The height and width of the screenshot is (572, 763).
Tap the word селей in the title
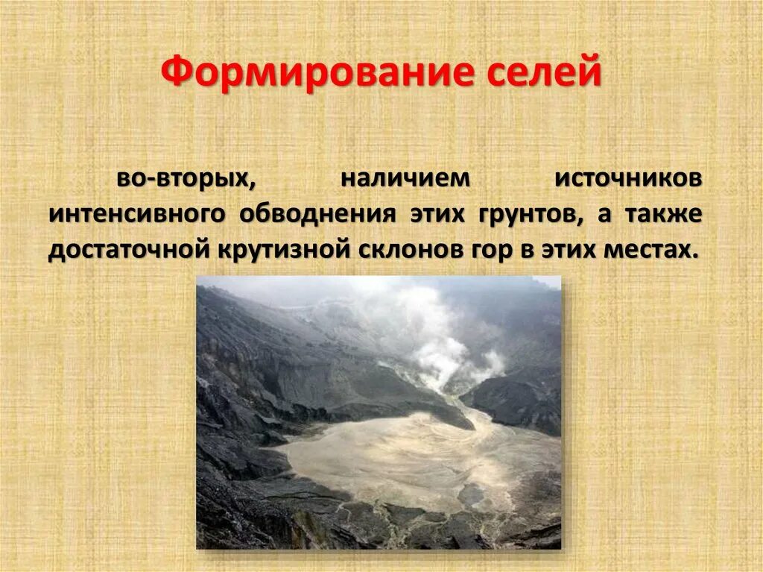pos(546,75)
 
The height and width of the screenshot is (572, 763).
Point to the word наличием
pos(405,179)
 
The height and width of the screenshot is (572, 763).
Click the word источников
pos(627,179)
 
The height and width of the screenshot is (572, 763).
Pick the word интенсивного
pos(137,215)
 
